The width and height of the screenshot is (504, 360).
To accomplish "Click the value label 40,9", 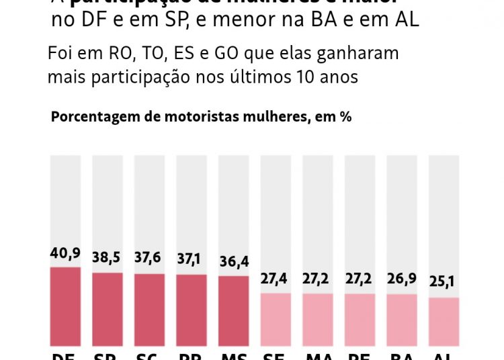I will click(65, 253).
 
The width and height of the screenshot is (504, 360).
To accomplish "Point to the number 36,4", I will click(234, 263).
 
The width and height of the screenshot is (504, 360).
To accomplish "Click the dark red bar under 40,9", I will click(65, 306).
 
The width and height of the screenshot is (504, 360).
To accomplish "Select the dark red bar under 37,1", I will click(192, 310).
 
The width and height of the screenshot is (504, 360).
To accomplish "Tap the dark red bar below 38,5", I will click(108, 309).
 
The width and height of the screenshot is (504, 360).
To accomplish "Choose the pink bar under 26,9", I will click(402, 320).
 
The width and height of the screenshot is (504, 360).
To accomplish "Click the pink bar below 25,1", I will click(444, 322).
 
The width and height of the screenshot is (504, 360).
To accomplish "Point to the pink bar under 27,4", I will click(276, 319).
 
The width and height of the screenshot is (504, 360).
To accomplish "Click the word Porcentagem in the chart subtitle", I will click(92, 116).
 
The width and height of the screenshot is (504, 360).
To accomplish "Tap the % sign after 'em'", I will click(345, 116).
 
